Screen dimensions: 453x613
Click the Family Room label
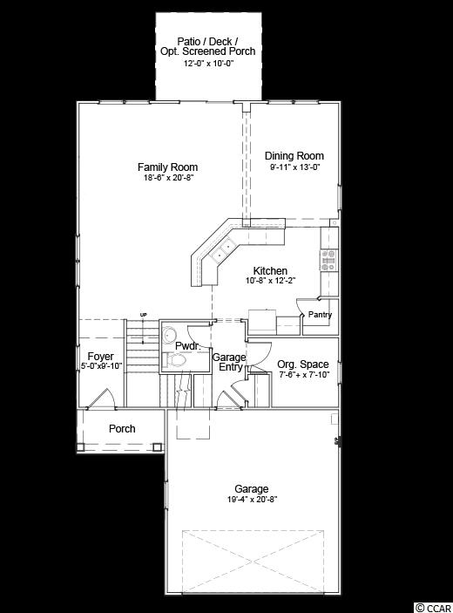click(167, 167)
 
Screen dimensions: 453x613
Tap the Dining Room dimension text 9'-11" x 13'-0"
click(294, 167)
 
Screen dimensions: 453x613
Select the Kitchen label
click(270, 270)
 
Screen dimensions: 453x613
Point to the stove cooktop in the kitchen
click(328, 260)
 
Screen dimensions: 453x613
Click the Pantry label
click(320, 314)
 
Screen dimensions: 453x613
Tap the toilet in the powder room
click(174, 359)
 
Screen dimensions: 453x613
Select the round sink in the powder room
click(170, 335)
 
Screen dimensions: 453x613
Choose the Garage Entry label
click(229, 362)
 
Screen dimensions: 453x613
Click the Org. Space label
click(303, 364)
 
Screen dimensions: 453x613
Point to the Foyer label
click(100, 357)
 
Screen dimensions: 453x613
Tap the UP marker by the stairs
click(144, 315)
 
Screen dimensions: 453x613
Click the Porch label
click(122, 428)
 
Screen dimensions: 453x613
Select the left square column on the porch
click(81, 446)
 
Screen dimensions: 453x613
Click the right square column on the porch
click(158, 446)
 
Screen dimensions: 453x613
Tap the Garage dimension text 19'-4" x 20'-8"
click(253, 500)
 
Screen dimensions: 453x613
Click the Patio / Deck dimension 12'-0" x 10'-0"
click(208, 64)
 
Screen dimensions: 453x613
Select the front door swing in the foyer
click(102, 398)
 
